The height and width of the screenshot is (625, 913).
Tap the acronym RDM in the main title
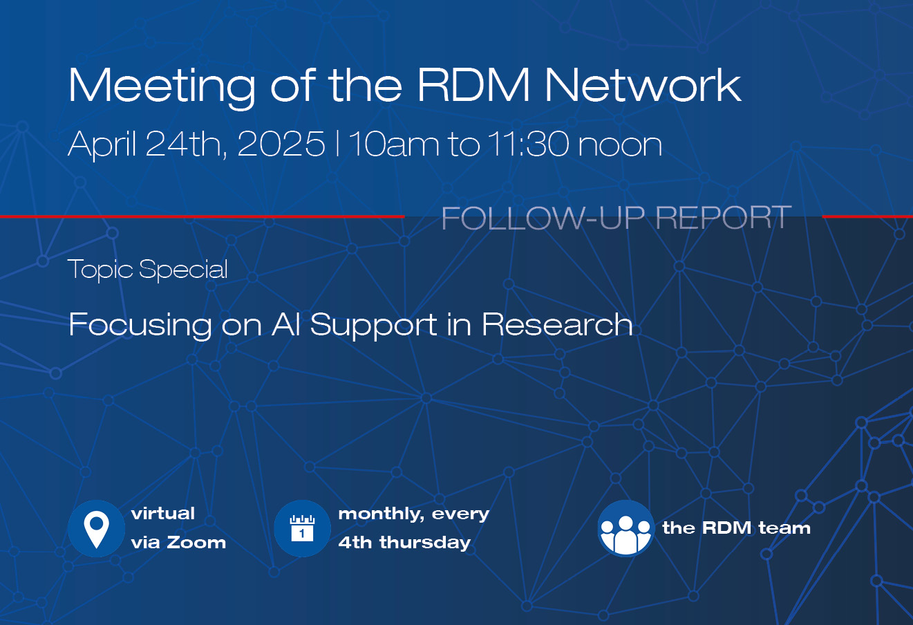pos(473,84)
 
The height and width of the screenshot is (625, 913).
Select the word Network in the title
pos(643,84)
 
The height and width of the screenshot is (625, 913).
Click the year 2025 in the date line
pos(281,144)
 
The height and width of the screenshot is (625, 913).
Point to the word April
pos(102,145)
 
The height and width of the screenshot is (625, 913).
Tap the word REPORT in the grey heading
pos(724,218)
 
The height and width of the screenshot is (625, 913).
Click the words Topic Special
pos(147,270)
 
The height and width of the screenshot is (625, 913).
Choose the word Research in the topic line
pos(557,324)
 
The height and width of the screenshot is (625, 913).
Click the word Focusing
pos(140,326)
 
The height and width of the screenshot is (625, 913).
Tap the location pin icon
pos(96,529)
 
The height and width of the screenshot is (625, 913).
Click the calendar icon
pos(302,529)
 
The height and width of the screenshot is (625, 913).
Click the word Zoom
pos(196,543)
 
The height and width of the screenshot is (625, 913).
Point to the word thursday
pos(425,543)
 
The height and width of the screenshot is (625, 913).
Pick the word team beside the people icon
pos(784,528)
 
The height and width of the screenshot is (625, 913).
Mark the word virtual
pos(163,513)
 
